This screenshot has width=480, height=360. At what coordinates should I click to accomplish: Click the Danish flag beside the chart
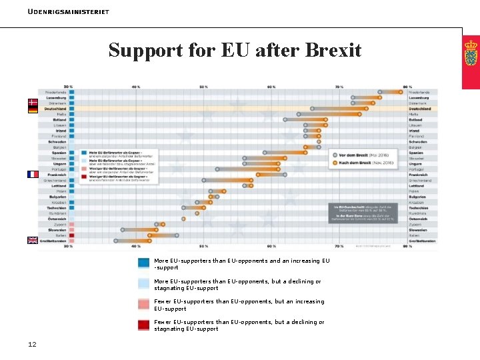32,103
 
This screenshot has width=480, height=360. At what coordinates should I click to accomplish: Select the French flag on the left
33,174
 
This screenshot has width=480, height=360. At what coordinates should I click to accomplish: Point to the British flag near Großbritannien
32,240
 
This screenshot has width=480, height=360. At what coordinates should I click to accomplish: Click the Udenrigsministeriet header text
69,12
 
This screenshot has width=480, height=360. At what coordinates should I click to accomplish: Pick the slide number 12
32,344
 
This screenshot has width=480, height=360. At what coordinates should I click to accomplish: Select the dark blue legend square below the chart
143,263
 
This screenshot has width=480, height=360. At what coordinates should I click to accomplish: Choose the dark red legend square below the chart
143,325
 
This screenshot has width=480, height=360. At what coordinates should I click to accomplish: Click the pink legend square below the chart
143,304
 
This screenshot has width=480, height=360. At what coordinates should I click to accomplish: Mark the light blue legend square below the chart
143,283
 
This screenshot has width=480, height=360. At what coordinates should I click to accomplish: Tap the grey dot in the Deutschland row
312,109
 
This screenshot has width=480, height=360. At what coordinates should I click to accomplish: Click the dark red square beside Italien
71,235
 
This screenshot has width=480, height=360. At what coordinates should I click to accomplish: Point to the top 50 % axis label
203,87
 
